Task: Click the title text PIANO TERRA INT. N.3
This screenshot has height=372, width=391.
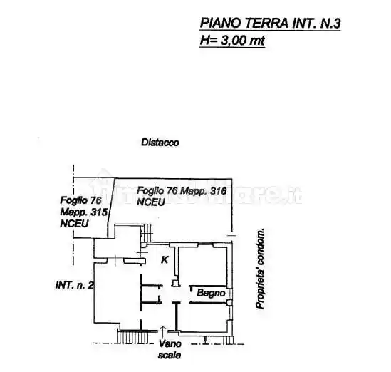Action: pyautogui.click(x=270, y=24)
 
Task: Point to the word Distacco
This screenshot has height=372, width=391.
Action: pyautogui.click(x=160, y=143)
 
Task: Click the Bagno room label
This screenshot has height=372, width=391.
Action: pyautogui.click(x=211, y=293)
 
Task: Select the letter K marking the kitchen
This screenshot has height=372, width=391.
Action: pyautogui.click(x=165, y=259)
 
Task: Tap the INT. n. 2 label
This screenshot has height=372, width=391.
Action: pyautogui.click(x=75, y=286)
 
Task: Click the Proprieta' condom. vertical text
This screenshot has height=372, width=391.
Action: pyautogui.click(x=261, y=269)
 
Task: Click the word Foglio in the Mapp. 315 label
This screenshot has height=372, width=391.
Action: pyautogui.click(x=73, y=200)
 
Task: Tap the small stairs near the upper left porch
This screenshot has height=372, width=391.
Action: pyautogui.click(x=150, y=232)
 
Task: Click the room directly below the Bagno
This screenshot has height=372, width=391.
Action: pyautogui.click(x=203, y=317)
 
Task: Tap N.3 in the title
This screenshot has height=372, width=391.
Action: pyautogui.click(x=328, y=24)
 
